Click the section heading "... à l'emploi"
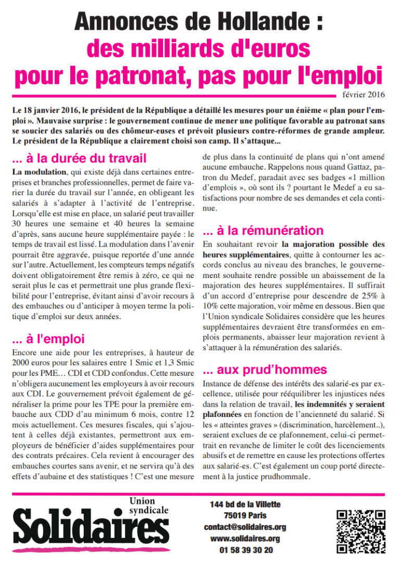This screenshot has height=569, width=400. pos(48,339)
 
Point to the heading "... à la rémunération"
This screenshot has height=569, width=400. pos(263,230)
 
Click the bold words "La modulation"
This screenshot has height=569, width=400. pos(39,172)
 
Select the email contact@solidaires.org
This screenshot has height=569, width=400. pos(245,527)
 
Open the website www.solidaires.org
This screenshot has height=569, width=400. pos(245,539)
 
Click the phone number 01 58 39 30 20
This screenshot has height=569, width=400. pos(245,550)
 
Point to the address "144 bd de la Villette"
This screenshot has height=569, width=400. pos(245,504)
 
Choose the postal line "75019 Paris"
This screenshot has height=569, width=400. pos(245,516)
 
